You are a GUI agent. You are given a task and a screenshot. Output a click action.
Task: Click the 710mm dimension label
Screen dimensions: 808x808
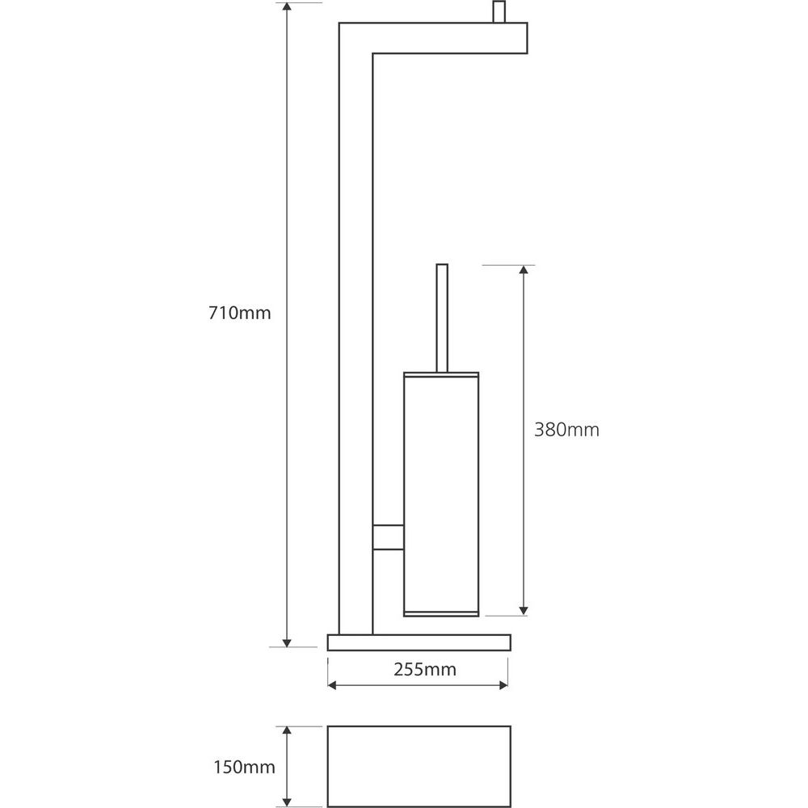pyautogui.click(x=240, y=313)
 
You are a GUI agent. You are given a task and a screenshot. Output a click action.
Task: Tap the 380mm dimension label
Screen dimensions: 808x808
pyautogui.click(x=566, y=430)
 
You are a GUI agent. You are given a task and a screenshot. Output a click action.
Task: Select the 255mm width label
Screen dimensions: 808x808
pyautogui.click(x=425, y=669)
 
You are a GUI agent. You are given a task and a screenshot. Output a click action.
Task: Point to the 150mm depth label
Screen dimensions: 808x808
pyautogui.click(x=244, y=768)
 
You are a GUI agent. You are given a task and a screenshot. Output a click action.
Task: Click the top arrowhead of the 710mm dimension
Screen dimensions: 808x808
pyautogui.click(x=287, y=6)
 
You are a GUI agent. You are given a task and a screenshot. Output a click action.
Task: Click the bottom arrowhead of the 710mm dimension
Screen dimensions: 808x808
pyautogui.click(x=287, y=643)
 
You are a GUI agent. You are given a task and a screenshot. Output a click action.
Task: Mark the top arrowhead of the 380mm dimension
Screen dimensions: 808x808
pyautogui.click(x=524, y=270)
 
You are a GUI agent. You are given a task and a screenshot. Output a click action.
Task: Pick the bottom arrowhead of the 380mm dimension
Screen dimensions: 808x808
pyautogui.click(x=524, y=611)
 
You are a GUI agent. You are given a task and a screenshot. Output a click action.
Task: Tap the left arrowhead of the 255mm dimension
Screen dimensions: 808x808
pyautogui.click(x=332, y=685)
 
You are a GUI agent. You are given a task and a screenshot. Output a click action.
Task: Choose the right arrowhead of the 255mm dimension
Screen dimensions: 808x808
pyautogui.click(x=503, y=685)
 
